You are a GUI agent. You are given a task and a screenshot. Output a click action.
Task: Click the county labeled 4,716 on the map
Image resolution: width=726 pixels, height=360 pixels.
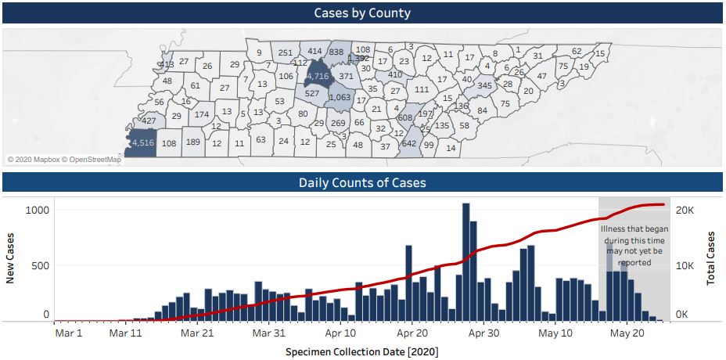(x=317, y=76)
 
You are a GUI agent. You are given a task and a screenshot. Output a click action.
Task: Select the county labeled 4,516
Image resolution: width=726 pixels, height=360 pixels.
(x=142, y=142)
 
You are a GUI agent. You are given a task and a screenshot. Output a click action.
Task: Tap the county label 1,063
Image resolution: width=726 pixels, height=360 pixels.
(x=340, y=98)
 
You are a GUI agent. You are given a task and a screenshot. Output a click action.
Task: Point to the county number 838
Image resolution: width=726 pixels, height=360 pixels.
(x=336, y=52)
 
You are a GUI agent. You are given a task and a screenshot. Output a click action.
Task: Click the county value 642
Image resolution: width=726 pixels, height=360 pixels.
(x=409, y=143)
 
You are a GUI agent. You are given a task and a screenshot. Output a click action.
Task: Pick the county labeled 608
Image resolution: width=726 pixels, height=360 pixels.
(x=404, y=117)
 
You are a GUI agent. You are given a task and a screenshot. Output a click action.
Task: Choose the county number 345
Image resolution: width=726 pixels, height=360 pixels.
(x=484, y=85)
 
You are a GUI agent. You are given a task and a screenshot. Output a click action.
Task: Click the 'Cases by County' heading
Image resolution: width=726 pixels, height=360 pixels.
(x=362, y=13)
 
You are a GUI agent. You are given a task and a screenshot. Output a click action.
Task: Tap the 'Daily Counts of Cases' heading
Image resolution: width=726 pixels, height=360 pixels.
(x=362, y=183)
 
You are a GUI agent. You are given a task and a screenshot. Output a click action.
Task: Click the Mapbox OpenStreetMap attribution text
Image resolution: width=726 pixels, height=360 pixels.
(x=64, y=160)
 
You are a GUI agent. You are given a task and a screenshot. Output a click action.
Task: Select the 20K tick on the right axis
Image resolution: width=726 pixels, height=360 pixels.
(x=685, y=210)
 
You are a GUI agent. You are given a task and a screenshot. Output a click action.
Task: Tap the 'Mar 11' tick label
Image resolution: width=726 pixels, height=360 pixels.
(x=126, y=332)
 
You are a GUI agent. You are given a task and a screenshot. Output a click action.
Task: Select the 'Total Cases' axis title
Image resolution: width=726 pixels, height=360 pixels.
(x=711, y=258)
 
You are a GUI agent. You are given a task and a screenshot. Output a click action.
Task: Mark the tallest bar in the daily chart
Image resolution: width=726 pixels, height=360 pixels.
(x=465, y=261)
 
